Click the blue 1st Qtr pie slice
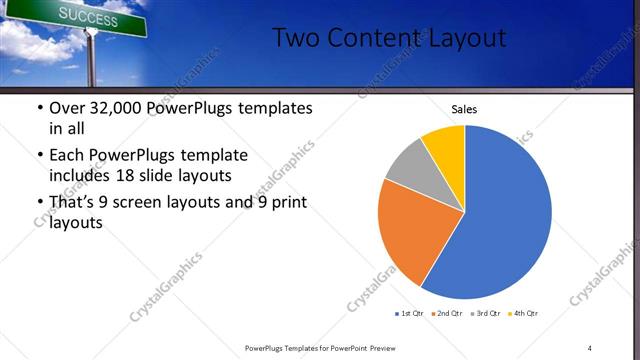click(510, 215)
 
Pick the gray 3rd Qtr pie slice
click(406, 167)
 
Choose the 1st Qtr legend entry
click(410, 314)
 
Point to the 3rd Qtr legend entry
click(484, 314)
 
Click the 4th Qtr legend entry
click(523, 314)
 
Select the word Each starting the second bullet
click(66, 155)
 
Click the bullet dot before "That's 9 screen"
click(39, 204)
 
